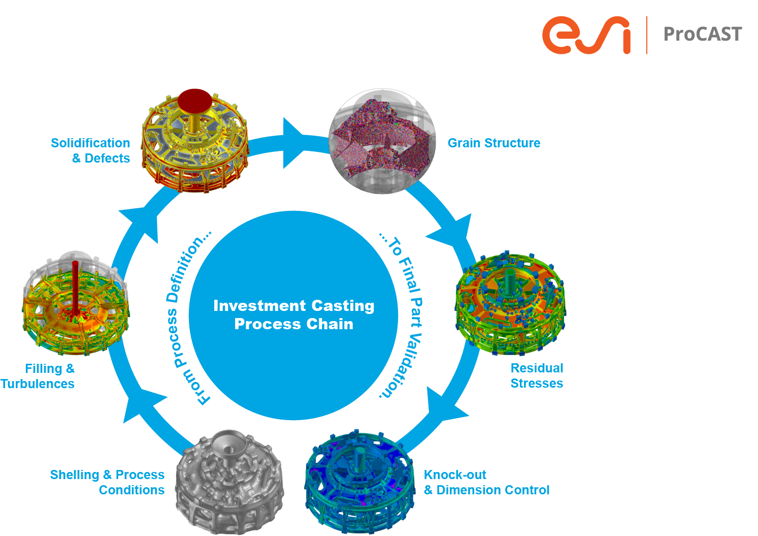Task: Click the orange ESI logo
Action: (x=586, y=35)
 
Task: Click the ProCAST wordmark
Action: (x=703, y=35)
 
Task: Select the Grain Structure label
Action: (x=493, y=143)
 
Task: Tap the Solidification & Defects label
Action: (x=91, y=150)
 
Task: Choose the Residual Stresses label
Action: (x=537, y=375)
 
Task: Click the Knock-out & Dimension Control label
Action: (x=486, y=482)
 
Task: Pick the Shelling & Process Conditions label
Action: (x=108, y=482)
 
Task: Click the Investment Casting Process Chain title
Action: (x=293, y=314)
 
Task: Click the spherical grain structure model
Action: (x=382, y=142)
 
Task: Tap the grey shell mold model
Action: (x=228, y=480)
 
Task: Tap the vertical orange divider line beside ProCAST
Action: (x=647, y=35)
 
